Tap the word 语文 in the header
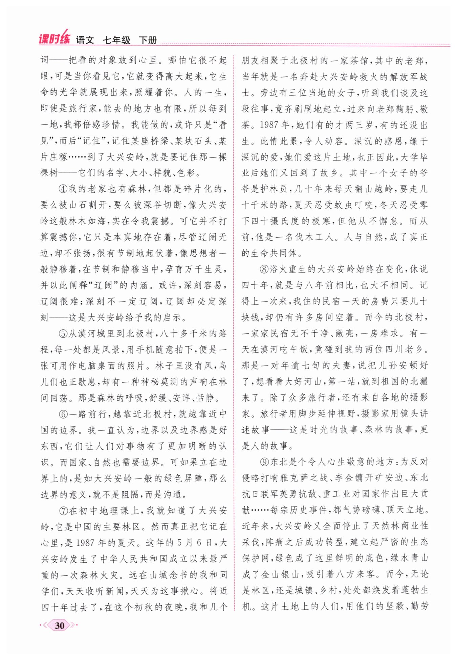pos(85,40)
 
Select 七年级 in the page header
pos(116,40)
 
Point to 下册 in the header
pos(148,40)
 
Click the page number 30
pos(60,625)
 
